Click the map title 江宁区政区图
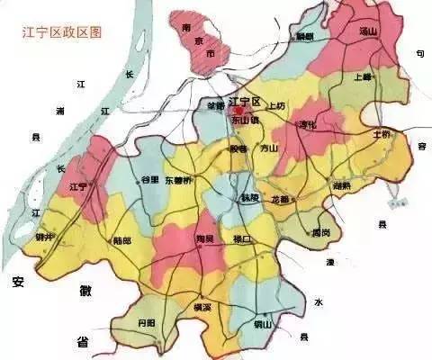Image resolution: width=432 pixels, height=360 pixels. [x=62, y=31]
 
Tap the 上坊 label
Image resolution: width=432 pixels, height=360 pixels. [x=275, y=105]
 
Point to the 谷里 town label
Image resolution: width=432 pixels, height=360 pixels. [x=149, y=180]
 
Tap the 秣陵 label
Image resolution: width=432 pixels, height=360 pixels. [x=249, y=196]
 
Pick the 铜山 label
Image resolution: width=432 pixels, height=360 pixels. [x=264, y=322]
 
